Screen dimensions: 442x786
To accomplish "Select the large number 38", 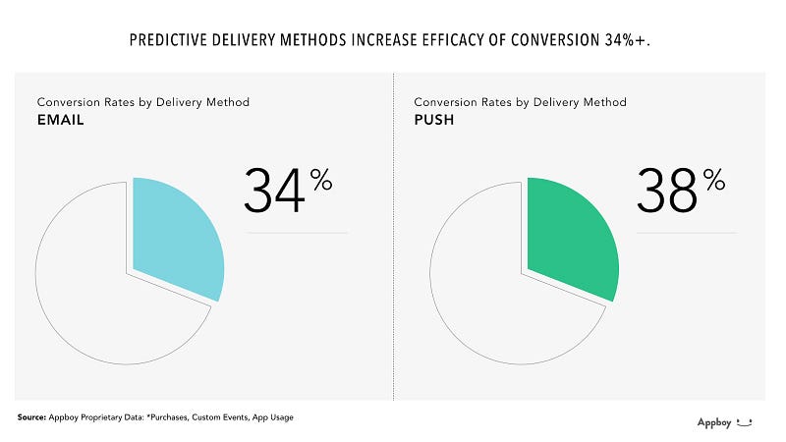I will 667,191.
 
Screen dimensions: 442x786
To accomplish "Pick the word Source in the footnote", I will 32,417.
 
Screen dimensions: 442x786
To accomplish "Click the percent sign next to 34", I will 320,178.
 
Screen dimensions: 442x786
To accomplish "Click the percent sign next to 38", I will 713,178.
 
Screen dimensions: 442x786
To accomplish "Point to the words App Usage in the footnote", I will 271,417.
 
